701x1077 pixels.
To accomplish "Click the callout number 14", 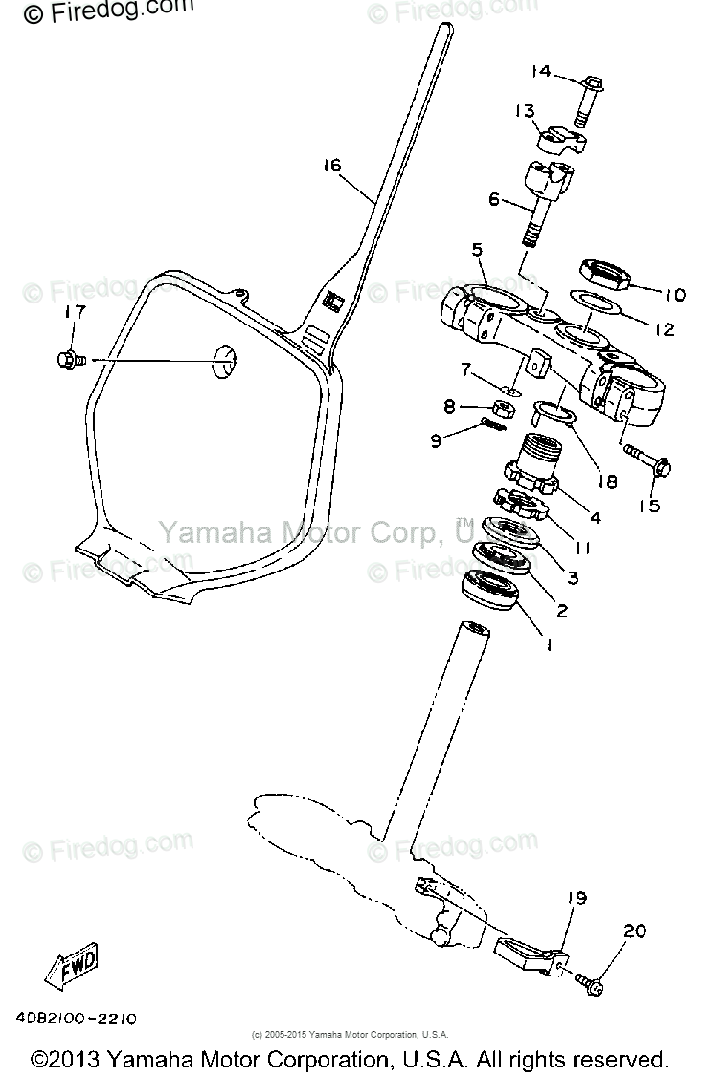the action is pyautogui.click(x=541, y=72).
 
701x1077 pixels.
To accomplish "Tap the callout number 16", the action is pyautogui.click(x=331, y=166).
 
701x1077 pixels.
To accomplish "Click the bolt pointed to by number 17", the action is pyautogui.click(x=68, y=360).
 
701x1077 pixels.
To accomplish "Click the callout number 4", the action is pyautogui.click(x=596, y=518).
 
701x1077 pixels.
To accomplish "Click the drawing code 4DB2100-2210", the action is pyautogui.click(x=76, y=1020).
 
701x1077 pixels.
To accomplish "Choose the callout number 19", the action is pyautogui.click(x=575, y=898).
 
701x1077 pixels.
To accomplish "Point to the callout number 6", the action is pyautogui.click(x=494, y=200).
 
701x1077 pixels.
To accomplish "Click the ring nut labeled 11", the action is pyautogui.click(x=520, y=503).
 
